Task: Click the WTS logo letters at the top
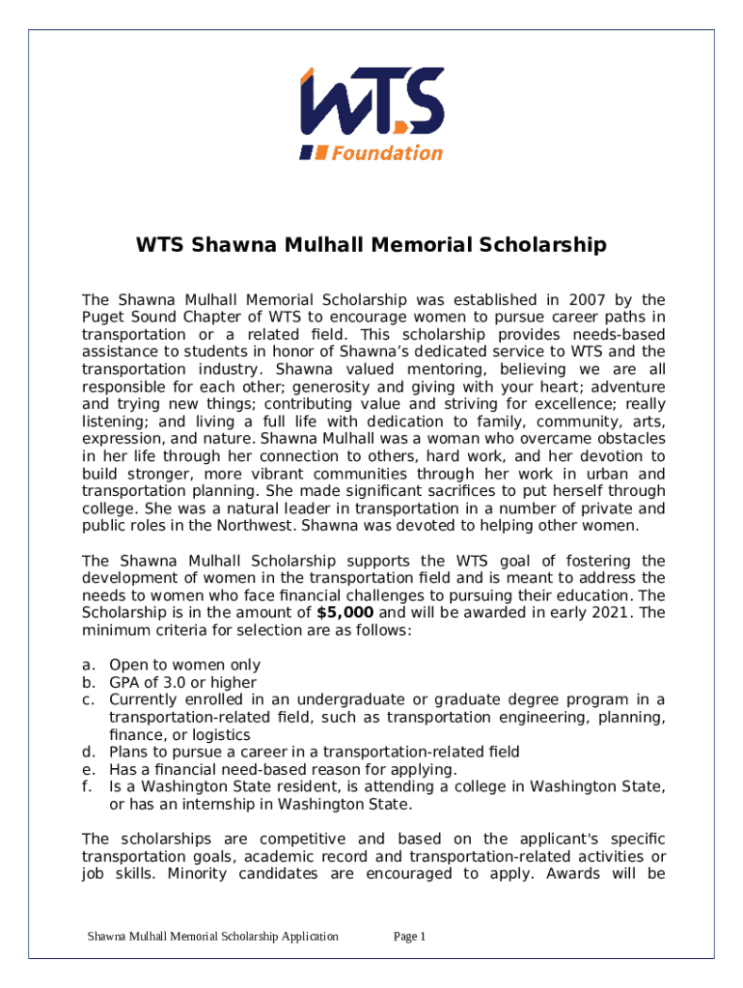(371, 102)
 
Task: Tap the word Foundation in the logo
(387, 152)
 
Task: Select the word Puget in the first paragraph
(103, 317)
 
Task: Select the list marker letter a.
(88, 665)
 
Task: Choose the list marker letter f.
(87, 786)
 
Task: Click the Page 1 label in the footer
(410, 936)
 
